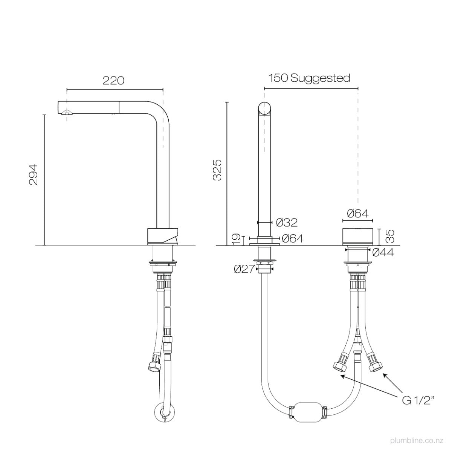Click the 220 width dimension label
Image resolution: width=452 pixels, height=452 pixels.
pos(113,81)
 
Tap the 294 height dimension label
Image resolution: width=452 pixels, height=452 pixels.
pos(33,174)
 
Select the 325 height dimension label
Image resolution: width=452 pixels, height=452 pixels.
pos(217,170)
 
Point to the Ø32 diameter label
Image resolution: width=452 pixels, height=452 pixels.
pos(287,222)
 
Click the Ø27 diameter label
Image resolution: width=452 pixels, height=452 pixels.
pos(244,269)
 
